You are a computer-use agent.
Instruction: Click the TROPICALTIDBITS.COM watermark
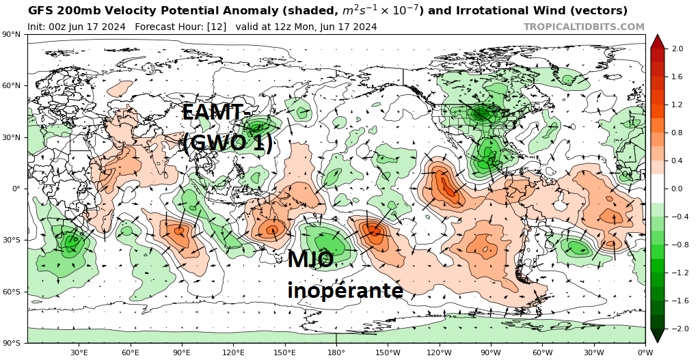pos(584,27)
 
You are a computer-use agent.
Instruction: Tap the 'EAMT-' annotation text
pos(213,112)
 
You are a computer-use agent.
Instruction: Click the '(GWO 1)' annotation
pos(228,142)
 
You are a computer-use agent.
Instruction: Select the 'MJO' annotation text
pos(310,260)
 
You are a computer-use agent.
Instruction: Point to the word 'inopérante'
pos(345,290)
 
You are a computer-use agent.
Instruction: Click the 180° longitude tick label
pos(336,352)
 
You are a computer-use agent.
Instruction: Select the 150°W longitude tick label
pos(388,352)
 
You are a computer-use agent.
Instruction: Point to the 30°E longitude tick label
pos(79,352)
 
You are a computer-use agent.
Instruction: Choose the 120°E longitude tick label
pos(233,352)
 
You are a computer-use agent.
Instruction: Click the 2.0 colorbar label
pos(677,49)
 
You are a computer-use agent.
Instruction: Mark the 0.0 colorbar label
pos(677,189)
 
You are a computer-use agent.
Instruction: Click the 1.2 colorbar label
pos(677,105)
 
